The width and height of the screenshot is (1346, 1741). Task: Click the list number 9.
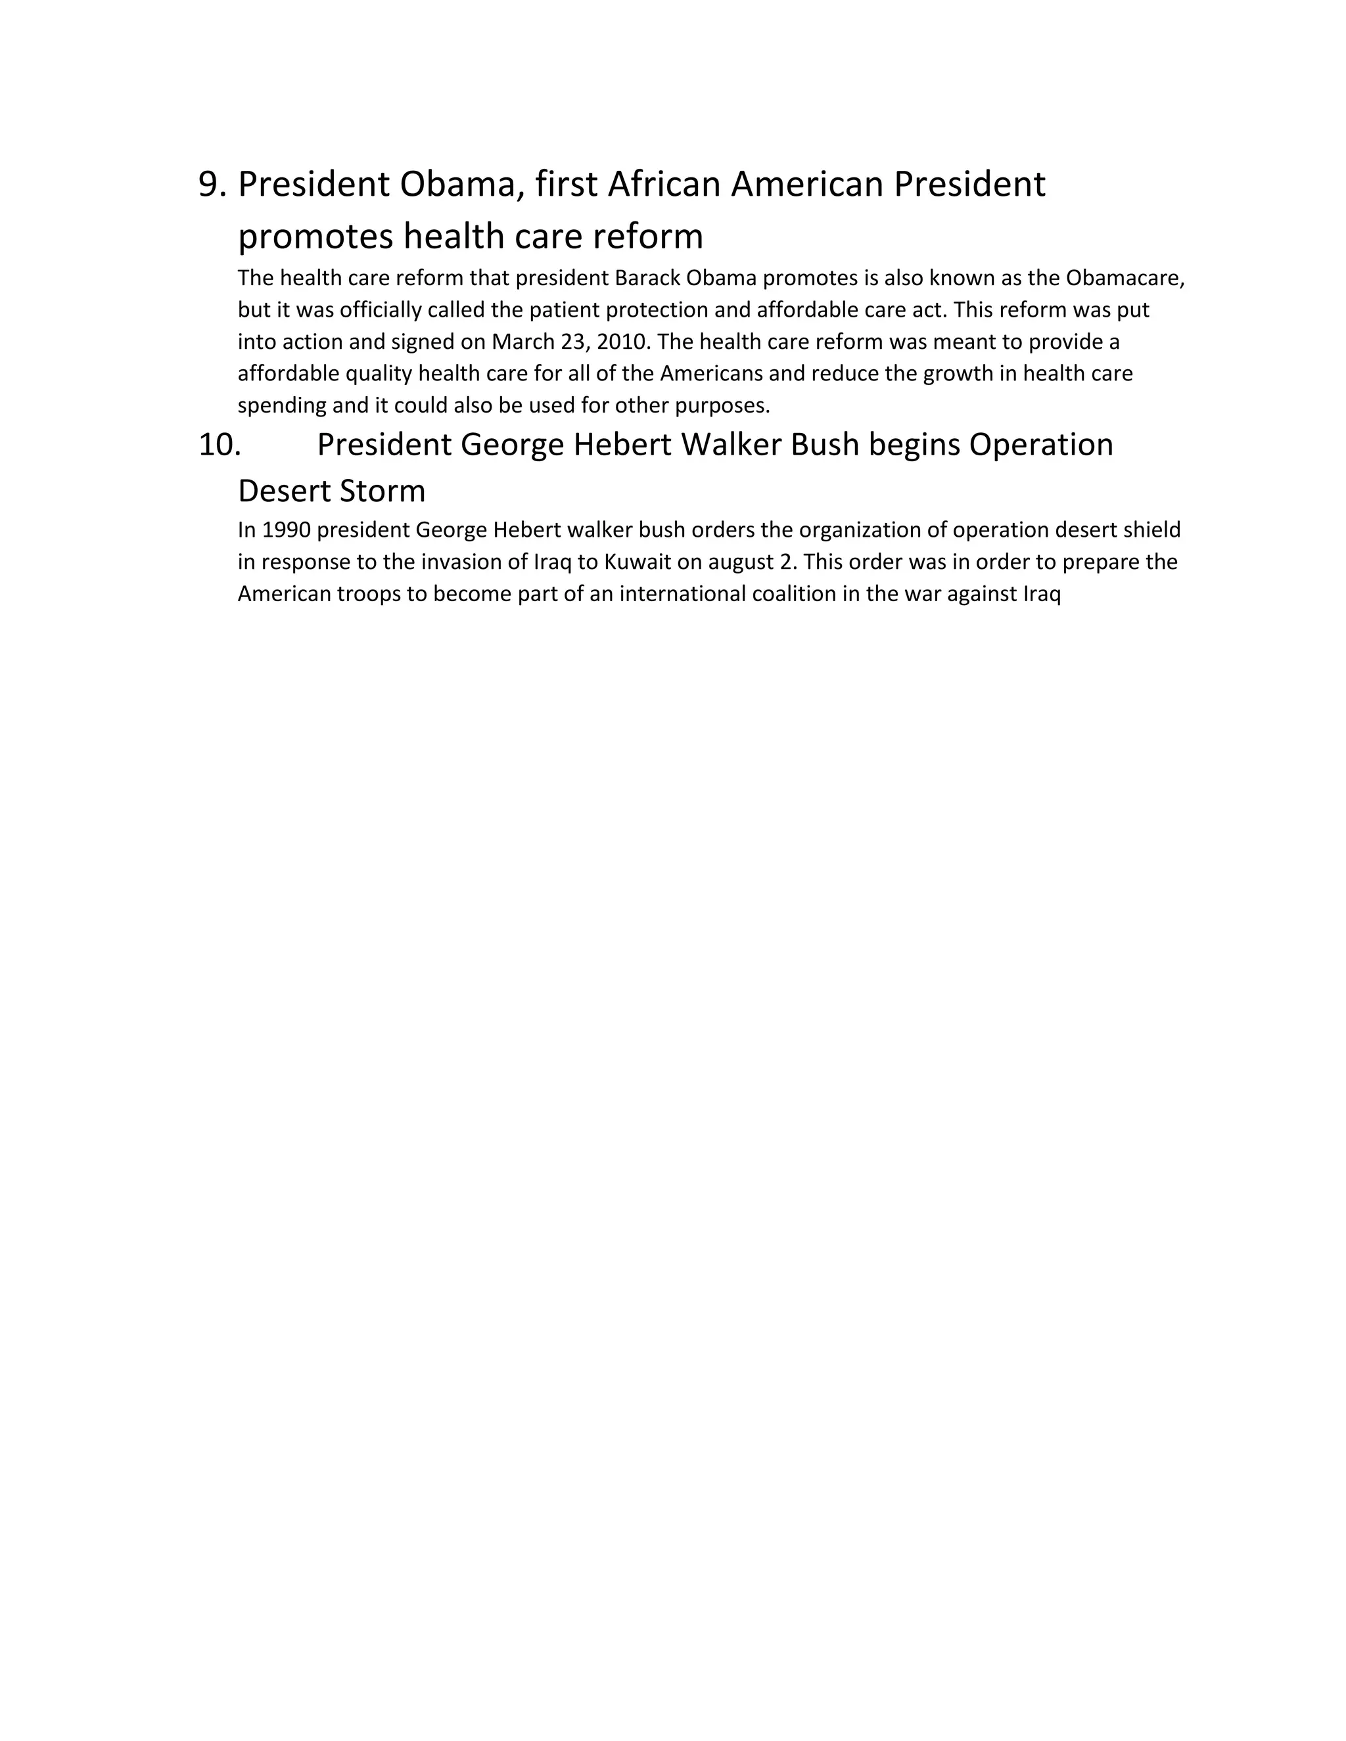tap(212, 185)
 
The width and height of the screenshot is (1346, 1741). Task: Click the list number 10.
tap(220, 445)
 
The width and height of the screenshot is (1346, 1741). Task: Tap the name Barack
tap(647, 278)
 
